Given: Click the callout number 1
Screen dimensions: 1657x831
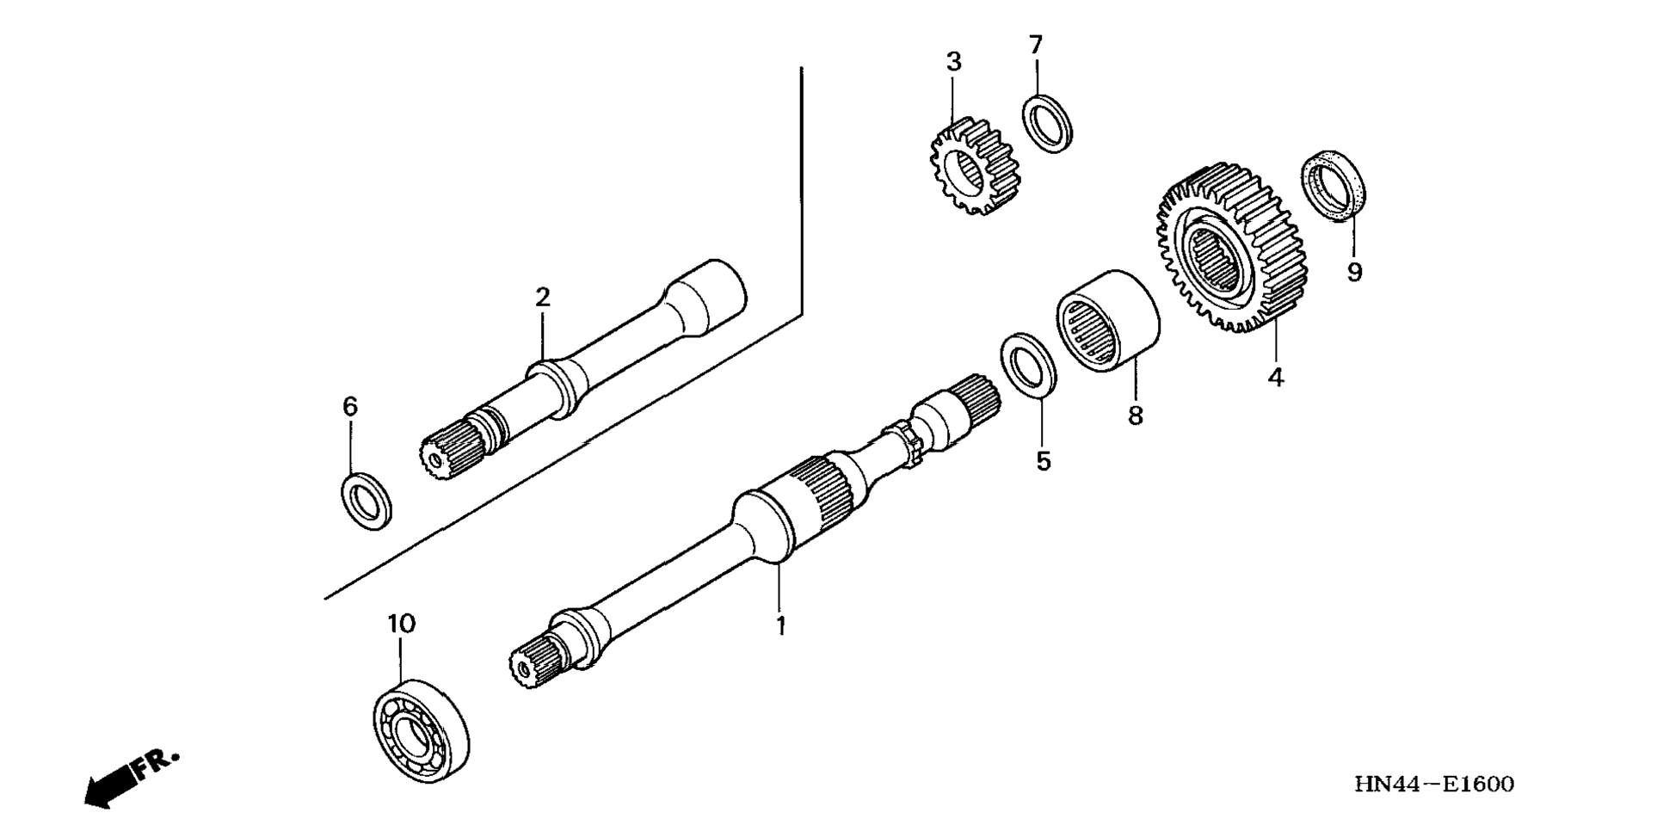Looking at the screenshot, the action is [x=780, y=626].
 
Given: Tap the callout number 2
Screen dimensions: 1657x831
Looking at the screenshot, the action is [x=542, y=298].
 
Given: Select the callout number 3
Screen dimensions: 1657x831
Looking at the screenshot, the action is [x=953, y=62].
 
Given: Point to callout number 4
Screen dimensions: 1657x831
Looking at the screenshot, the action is [x=1276, y=377].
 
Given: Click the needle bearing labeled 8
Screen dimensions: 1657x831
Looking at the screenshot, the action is [x=1107, y=320].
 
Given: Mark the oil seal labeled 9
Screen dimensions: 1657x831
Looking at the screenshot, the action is [x=1334, y=185].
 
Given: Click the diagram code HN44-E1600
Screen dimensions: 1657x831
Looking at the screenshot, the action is [x=1434, y=785].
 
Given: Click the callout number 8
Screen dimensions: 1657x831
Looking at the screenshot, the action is [x=1136, y=415].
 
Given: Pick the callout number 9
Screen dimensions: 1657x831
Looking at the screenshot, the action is [x=1355, y=273].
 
